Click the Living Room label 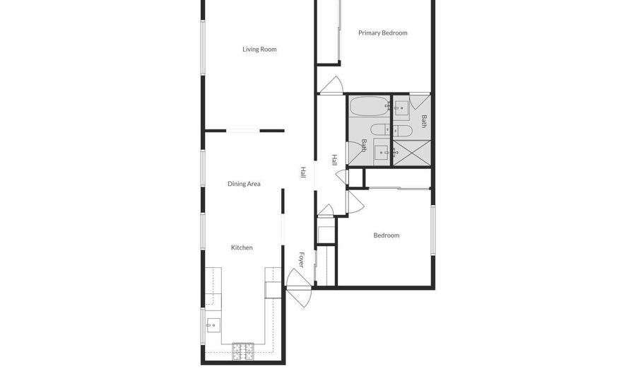click(259, 49)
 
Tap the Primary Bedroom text click(383, 33)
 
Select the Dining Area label click(244, 184)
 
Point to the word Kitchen click(242, 247)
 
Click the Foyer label click(301, 260)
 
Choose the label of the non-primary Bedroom click(386, 235)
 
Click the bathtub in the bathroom click(369, 106)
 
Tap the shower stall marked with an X click(412, 153)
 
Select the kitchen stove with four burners click(243, 351)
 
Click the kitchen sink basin click(213, 325)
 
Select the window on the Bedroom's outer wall click(433, 230)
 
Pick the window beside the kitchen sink click(203, 327)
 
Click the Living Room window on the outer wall click(203, 48)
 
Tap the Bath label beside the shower click(424, 122)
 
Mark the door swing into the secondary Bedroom click(355, 202)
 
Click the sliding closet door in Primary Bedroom click(339, 30)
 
